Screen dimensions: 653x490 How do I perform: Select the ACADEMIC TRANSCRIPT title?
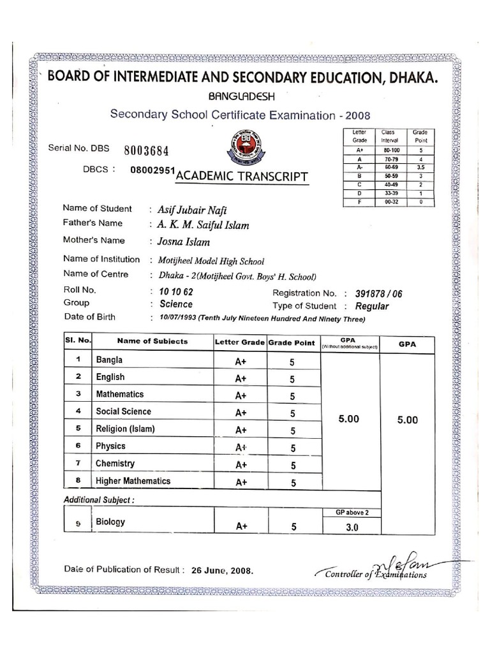tap(242, 176)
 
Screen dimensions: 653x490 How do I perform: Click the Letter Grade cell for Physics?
tap(241, 448)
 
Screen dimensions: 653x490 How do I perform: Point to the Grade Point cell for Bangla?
tap(292, 362)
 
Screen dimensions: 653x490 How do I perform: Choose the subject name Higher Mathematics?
tap(133, 481)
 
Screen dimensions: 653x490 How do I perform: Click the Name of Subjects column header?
tap(152, 341)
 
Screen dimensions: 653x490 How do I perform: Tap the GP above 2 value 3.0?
tap(352, 527)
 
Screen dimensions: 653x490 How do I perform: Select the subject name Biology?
tap(110, 522)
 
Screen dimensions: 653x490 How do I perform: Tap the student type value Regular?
tap(371, 307)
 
